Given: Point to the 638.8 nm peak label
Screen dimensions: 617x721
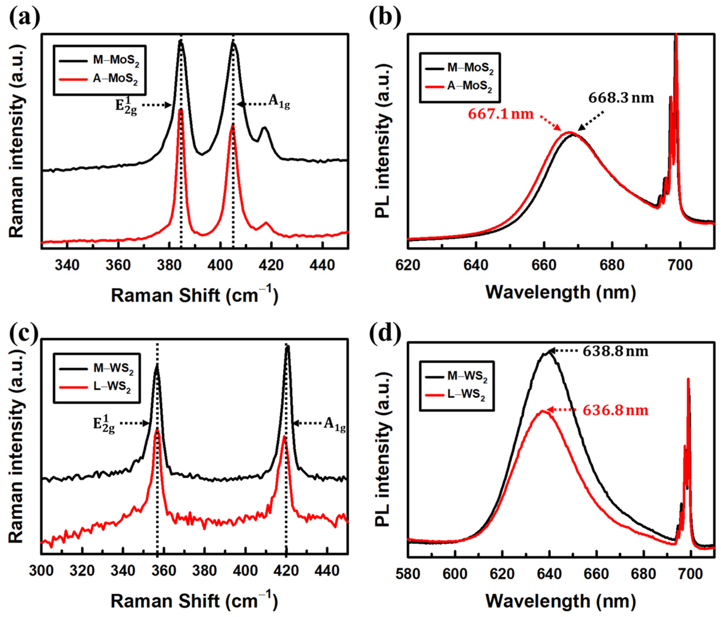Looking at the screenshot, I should [615, 351].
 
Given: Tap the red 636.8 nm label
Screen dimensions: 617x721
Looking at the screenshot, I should [615, 411].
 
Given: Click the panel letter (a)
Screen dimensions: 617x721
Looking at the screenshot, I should [24, 19].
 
